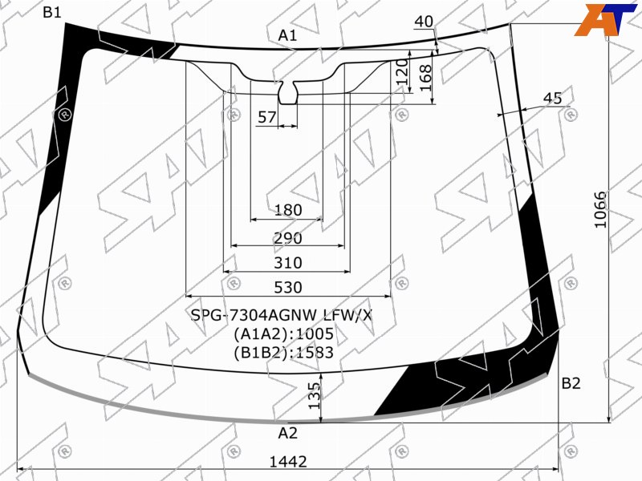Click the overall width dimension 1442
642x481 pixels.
(288, 462)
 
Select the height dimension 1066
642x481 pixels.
(599, 210)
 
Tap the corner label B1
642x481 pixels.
(52, 13)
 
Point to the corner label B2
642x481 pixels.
(571, 383)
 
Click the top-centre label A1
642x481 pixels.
(287, 35)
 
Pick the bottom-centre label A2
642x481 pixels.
(287, 433)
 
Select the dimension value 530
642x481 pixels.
(288, 288)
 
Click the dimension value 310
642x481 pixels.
(288, 263)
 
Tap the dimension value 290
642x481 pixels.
(288, 238)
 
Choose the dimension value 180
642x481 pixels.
(288, 210)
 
